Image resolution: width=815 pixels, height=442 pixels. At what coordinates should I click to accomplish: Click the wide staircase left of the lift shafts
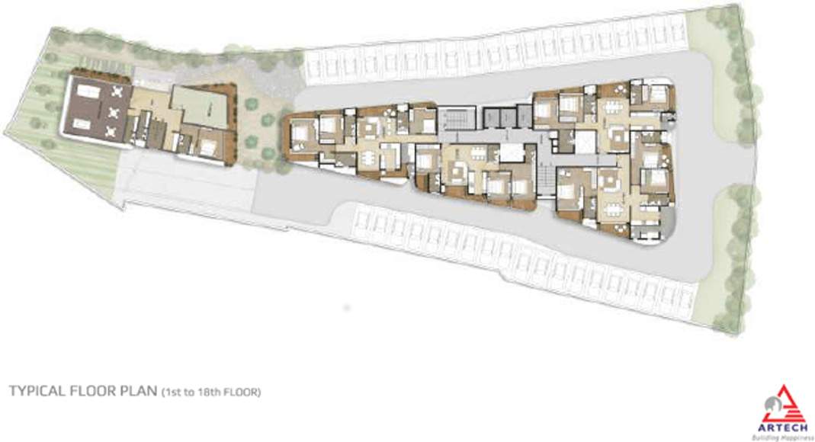click(x=458, y=120)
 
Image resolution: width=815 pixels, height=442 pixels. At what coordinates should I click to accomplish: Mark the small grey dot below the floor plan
click(x=347, y=306)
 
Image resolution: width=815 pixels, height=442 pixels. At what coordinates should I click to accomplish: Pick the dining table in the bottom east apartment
click(x=614, y=204)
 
